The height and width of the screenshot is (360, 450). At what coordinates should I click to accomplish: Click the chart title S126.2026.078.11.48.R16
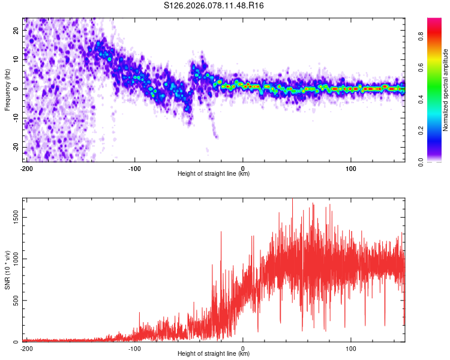(x=214, y=6)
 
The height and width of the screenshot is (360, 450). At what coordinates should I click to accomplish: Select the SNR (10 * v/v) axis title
(x=7, y=270)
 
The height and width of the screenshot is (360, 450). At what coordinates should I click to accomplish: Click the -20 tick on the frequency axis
(x=16, y=147)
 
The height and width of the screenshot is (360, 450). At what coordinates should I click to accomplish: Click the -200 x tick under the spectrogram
(x=26, y=168)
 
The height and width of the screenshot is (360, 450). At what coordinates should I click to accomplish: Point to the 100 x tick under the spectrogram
(x=351, y=168)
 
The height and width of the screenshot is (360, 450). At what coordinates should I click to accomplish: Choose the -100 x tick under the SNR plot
(x=134, y=348)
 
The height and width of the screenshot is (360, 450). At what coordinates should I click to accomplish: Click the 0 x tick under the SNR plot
(x=243, y=348)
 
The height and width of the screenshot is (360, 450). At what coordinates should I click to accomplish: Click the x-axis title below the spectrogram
(x=214, y=174)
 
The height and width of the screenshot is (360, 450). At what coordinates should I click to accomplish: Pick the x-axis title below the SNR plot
(x=214, y=354)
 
